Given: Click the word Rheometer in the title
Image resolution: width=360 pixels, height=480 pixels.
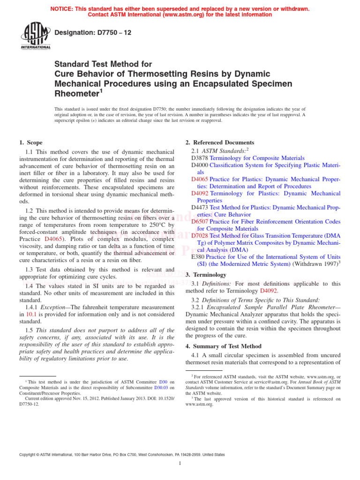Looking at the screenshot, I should click(76, 94).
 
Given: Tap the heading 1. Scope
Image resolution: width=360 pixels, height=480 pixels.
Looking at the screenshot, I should click(30, 142).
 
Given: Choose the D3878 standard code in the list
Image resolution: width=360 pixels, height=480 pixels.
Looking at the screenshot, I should click(200, 158).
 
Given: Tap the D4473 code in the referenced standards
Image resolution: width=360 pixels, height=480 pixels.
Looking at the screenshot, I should click(200, 207).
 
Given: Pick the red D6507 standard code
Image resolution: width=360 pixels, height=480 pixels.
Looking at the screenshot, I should click(200, 221).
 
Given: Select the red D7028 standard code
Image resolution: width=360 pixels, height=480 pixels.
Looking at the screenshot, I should click(200, 235).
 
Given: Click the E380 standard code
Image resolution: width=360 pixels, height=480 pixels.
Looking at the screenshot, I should click(198, 256).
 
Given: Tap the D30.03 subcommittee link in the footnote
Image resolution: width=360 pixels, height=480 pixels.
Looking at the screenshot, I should click(161, 388).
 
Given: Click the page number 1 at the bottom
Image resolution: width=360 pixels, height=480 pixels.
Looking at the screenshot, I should click(180, 464).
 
